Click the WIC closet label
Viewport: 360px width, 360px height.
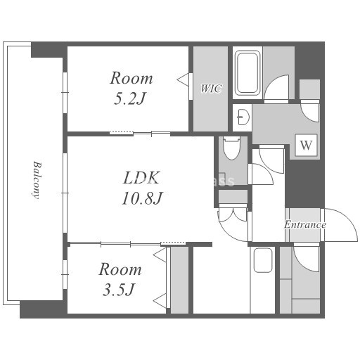point(211,89)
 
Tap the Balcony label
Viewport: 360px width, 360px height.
point(37,180)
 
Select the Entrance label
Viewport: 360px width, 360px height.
point(305,225)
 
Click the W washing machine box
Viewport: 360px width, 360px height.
point(306,145)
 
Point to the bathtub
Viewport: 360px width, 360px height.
point(247,72)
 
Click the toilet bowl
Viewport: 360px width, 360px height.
point(232,148)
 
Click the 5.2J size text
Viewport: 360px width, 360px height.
point(129,99)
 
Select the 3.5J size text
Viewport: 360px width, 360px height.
point(119,290)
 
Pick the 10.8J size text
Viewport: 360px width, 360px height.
point(142,198)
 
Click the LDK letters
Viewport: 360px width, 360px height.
point(141,178)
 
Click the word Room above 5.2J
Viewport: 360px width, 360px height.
point(131,78)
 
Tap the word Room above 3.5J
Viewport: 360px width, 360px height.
point(120,269)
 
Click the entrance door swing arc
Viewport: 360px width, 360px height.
point(349,218)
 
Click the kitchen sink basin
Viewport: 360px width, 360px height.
point(263,260)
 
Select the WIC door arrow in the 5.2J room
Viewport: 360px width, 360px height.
point(183,79)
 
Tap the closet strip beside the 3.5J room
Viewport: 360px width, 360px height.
point(179,280)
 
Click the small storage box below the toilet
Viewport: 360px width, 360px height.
point(233,196)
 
